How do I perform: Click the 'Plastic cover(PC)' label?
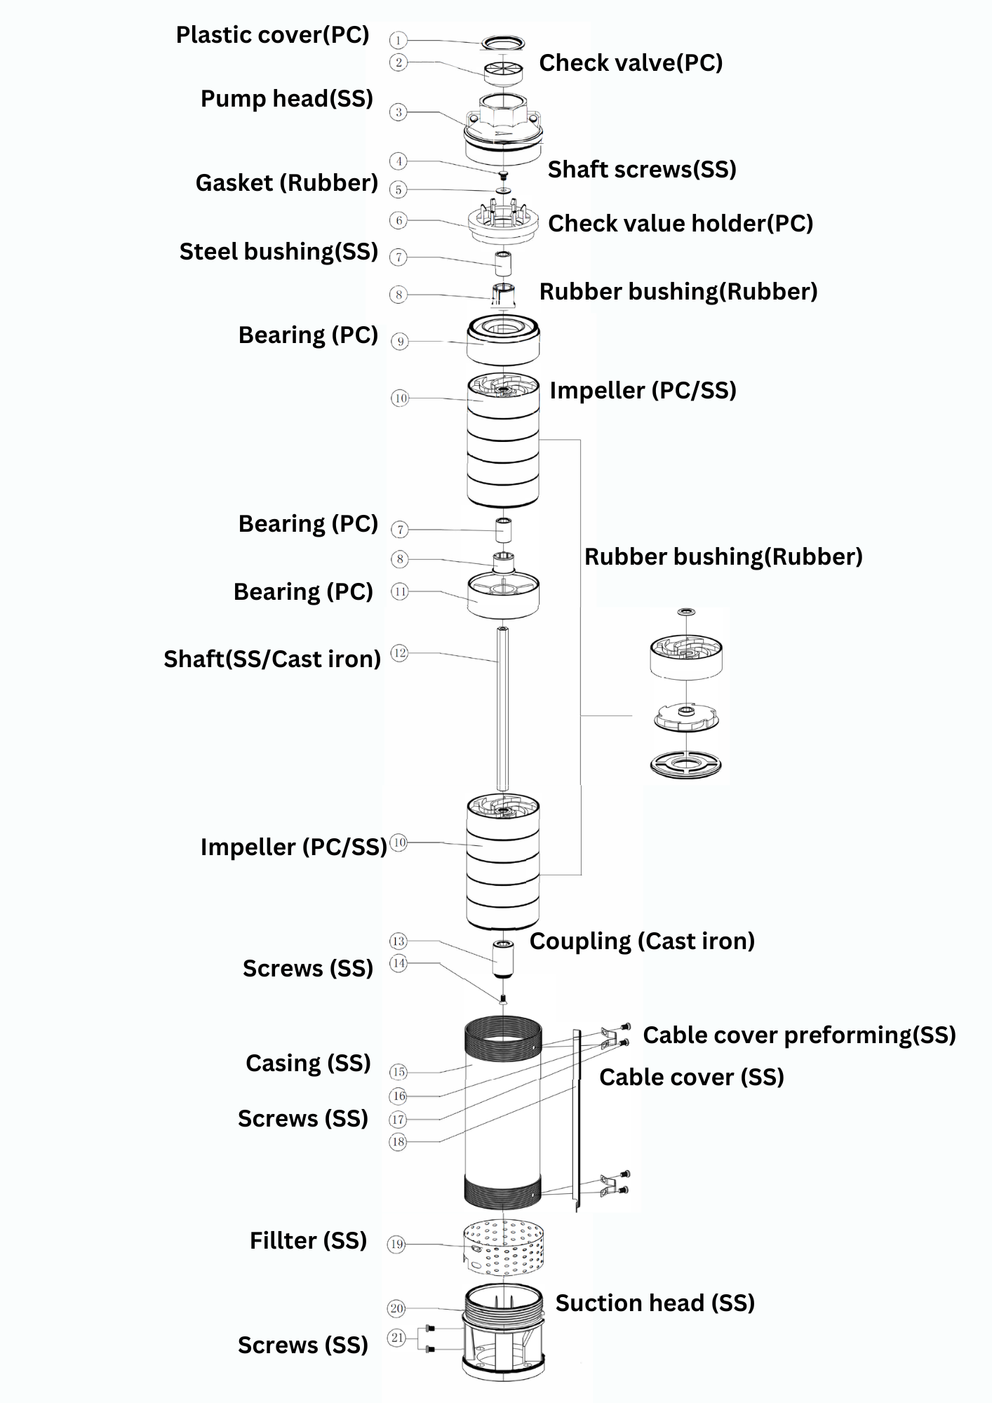pos(272,35)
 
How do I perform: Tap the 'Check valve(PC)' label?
pos(630,63)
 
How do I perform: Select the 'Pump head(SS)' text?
pos(286,99)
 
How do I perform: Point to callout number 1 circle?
pos(398,41)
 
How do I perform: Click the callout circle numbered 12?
pos(399,653)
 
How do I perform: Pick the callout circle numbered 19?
pos(396,1244)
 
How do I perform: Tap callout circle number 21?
pos(397,1338)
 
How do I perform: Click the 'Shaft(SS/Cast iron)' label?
pos(272,659)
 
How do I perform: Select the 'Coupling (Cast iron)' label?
pos(642,941)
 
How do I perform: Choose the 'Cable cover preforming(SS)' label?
pos(799,1035)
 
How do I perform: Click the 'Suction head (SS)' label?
pos(655,1303)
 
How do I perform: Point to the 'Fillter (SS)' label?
pos(308,1241)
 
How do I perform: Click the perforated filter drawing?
pos(503,1249)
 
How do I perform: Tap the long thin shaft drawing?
pos(503,709)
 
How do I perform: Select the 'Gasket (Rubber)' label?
pos(286,183)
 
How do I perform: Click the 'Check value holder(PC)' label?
pos(680,224)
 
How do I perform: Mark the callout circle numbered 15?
pos(398,1072)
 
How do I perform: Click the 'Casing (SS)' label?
pos(308,1063)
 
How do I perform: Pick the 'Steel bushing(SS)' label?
pos(279,252)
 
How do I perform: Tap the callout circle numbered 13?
pos(398,941)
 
